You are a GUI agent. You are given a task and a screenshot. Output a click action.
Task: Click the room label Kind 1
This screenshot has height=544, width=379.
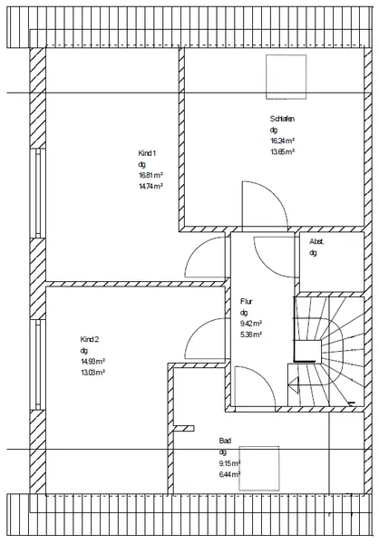pos(147,152)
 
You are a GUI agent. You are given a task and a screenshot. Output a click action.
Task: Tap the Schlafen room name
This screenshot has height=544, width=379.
pos(282,120)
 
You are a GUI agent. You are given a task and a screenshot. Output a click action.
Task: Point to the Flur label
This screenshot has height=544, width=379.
pos(246,301)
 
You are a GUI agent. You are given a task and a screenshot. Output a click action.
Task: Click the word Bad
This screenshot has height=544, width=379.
pos(224,441)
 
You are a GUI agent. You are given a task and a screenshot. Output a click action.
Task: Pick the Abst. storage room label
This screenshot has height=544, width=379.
pos(317,242)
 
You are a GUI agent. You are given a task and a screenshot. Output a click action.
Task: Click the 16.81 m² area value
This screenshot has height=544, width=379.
pos(151,175)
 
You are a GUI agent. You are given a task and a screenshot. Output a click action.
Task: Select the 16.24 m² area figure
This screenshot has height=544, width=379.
pos(283,141)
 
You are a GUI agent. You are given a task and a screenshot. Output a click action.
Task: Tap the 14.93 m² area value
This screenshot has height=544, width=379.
pos(93,361)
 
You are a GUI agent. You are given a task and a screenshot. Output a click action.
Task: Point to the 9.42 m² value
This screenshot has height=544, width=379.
pos(251,323)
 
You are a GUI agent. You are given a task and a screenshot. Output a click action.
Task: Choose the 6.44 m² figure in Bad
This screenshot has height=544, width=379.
pos(228,473)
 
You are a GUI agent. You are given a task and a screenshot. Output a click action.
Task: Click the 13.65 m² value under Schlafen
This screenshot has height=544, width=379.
pos(283,152)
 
